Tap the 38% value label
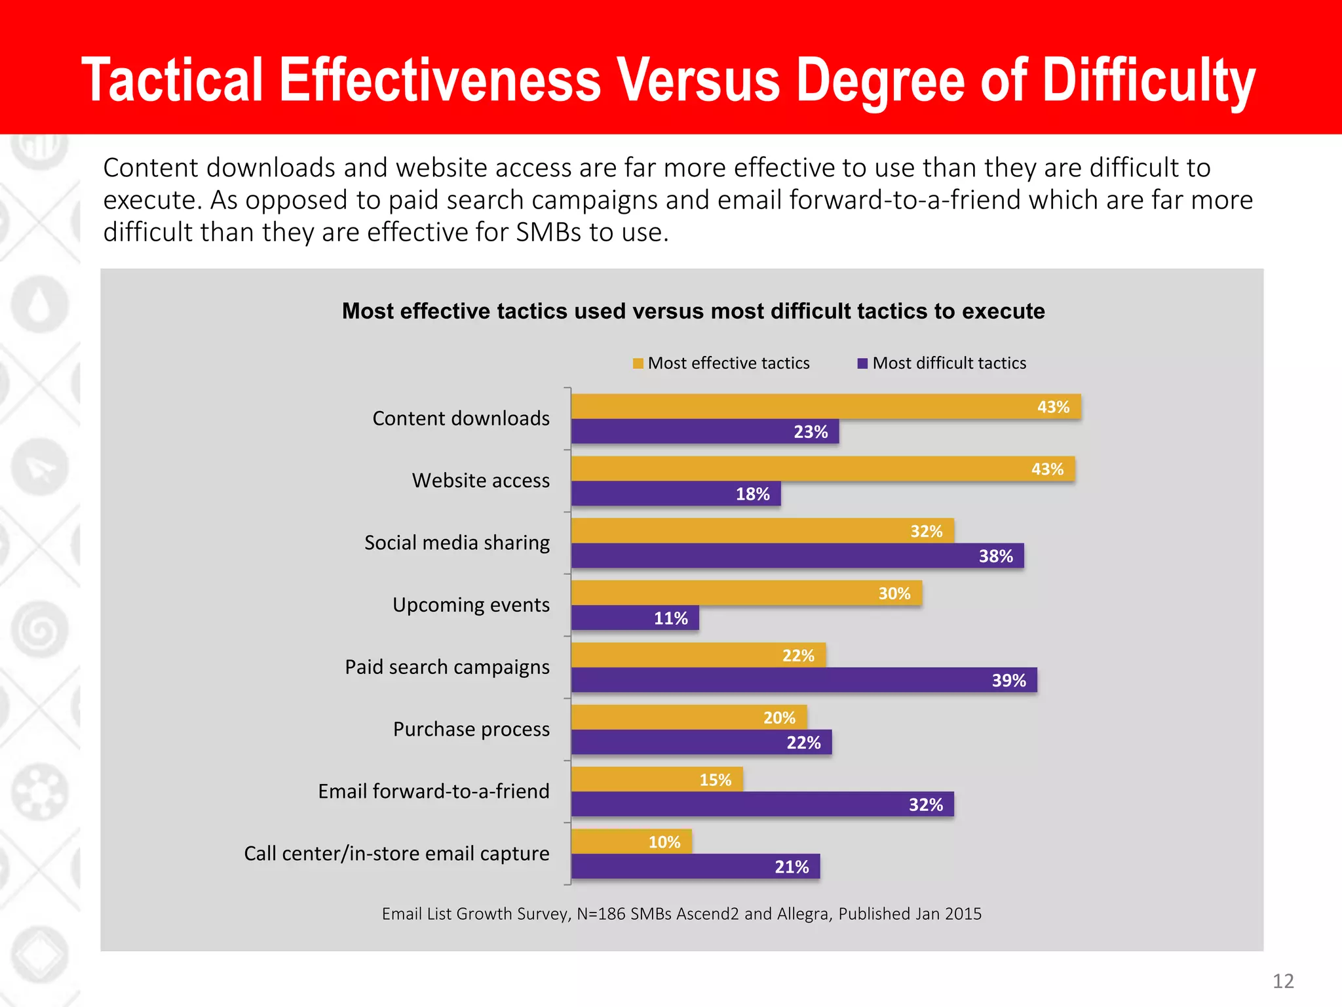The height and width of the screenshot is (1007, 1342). pos(995,557)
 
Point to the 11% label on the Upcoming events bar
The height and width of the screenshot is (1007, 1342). pos(670,618)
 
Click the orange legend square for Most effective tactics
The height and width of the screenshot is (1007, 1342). pos(638,364)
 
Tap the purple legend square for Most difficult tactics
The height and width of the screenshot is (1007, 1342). pos(862,364)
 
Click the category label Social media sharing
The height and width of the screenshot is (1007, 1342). pos(457,543)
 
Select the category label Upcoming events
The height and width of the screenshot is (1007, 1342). pos(470,604)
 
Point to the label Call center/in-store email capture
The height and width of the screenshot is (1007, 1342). pos(396,854)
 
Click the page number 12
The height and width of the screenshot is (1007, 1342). pos(1283,981)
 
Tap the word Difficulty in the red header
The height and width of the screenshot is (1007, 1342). pos(1148,80)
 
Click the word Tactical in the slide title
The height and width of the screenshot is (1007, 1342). pos(172,80)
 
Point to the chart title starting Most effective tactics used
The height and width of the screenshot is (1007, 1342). pos(693,311)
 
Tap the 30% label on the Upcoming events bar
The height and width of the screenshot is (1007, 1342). pos(894,594)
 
